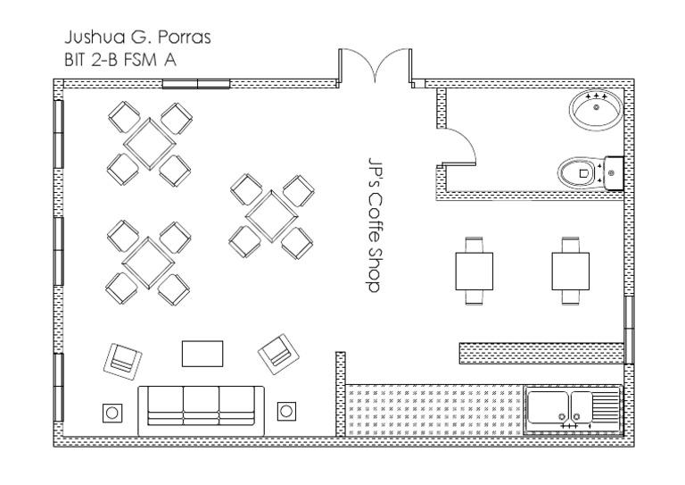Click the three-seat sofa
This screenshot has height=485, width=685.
pos(202,411)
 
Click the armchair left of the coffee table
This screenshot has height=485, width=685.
pos(124,359)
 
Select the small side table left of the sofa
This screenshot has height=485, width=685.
pos(114,412)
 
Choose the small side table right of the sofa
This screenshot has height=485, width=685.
pos(286,411)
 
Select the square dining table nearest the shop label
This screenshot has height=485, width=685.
pos(272,215)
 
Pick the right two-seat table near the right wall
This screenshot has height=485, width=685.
pos(569,269)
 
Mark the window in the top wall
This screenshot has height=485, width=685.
pos(196,85)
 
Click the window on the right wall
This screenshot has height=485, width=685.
pos(629,328)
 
